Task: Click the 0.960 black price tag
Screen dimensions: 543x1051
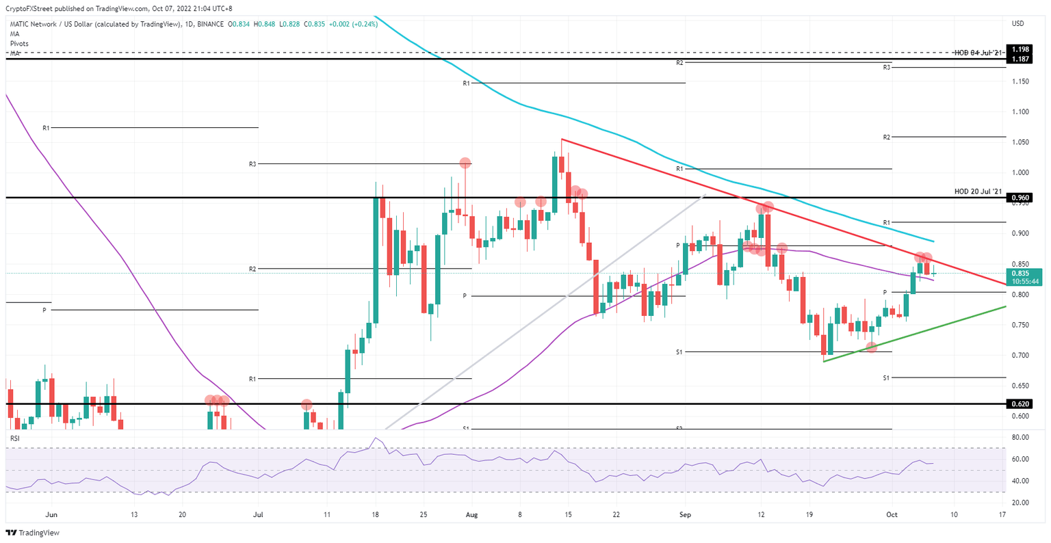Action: [1022, 198]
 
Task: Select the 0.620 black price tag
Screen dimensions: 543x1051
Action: [1022, 404]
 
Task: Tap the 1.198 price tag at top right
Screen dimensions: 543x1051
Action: [1022, 49]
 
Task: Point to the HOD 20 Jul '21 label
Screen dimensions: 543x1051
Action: [978, 191]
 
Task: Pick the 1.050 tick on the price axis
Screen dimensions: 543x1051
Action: [1020, 142]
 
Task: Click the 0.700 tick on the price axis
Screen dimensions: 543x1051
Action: [1020, 355]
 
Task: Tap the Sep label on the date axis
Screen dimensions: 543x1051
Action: [684, 514]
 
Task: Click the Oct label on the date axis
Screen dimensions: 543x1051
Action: [890, 514]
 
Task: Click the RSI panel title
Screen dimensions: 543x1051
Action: [16, 437]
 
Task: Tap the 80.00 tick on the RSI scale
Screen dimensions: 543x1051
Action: [1020, 437]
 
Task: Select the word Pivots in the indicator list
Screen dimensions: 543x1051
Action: [19, 44]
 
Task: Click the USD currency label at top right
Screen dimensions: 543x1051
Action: [1017, 23]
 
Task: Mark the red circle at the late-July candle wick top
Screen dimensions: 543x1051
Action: [465, 163]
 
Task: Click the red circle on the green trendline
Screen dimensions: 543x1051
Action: [871, 347]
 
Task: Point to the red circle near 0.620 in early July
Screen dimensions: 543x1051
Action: [307, 405]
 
